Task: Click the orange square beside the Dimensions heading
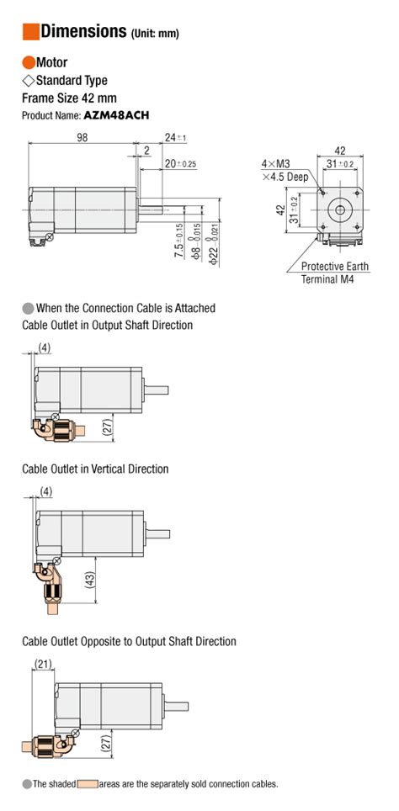point(30,32)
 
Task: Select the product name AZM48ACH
point(116,115)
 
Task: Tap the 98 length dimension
point(82,137)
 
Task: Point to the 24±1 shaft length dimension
point(175,138)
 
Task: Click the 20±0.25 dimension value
point(180,164)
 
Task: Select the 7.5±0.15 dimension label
point(178,241)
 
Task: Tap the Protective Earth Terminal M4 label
point(335,273)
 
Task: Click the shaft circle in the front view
point(340,210)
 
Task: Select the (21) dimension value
point(44,664)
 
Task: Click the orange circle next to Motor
point(28,62)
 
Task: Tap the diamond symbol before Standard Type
point(28,81)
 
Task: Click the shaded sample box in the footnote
point(88,784)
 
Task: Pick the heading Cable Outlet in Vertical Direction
point(95,469)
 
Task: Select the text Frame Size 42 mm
point(69,98)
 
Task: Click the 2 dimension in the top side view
point(147,151)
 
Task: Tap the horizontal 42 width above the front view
point(340,151)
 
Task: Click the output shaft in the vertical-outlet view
point(158,533)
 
